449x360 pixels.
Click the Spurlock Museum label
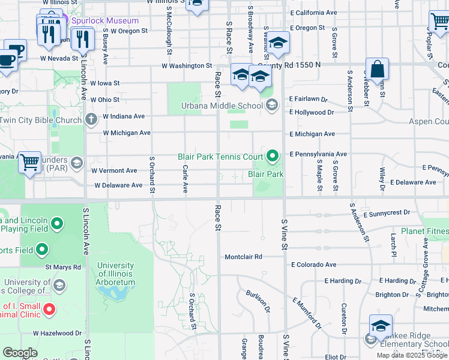coord(105,20)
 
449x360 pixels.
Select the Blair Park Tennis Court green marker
coord(273,157)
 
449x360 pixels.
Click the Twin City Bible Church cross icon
coord(91,120)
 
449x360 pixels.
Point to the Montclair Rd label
coord(243,257)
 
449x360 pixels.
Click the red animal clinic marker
coord(50,310)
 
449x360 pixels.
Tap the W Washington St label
coord(187,66)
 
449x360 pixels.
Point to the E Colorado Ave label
coord(313,265)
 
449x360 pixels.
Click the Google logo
coord(20,353)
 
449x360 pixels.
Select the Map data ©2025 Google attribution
coord(412,355)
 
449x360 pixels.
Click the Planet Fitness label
coord(424,231)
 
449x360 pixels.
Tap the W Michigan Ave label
coord(127,133)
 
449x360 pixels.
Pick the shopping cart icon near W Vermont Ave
coord(29,162)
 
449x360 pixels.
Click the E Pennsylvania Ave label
coord(318,154)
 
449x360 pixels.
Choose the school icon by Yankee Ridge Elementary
coord(381,326)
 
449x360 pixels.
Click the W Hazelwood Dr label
coord(57,332)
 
